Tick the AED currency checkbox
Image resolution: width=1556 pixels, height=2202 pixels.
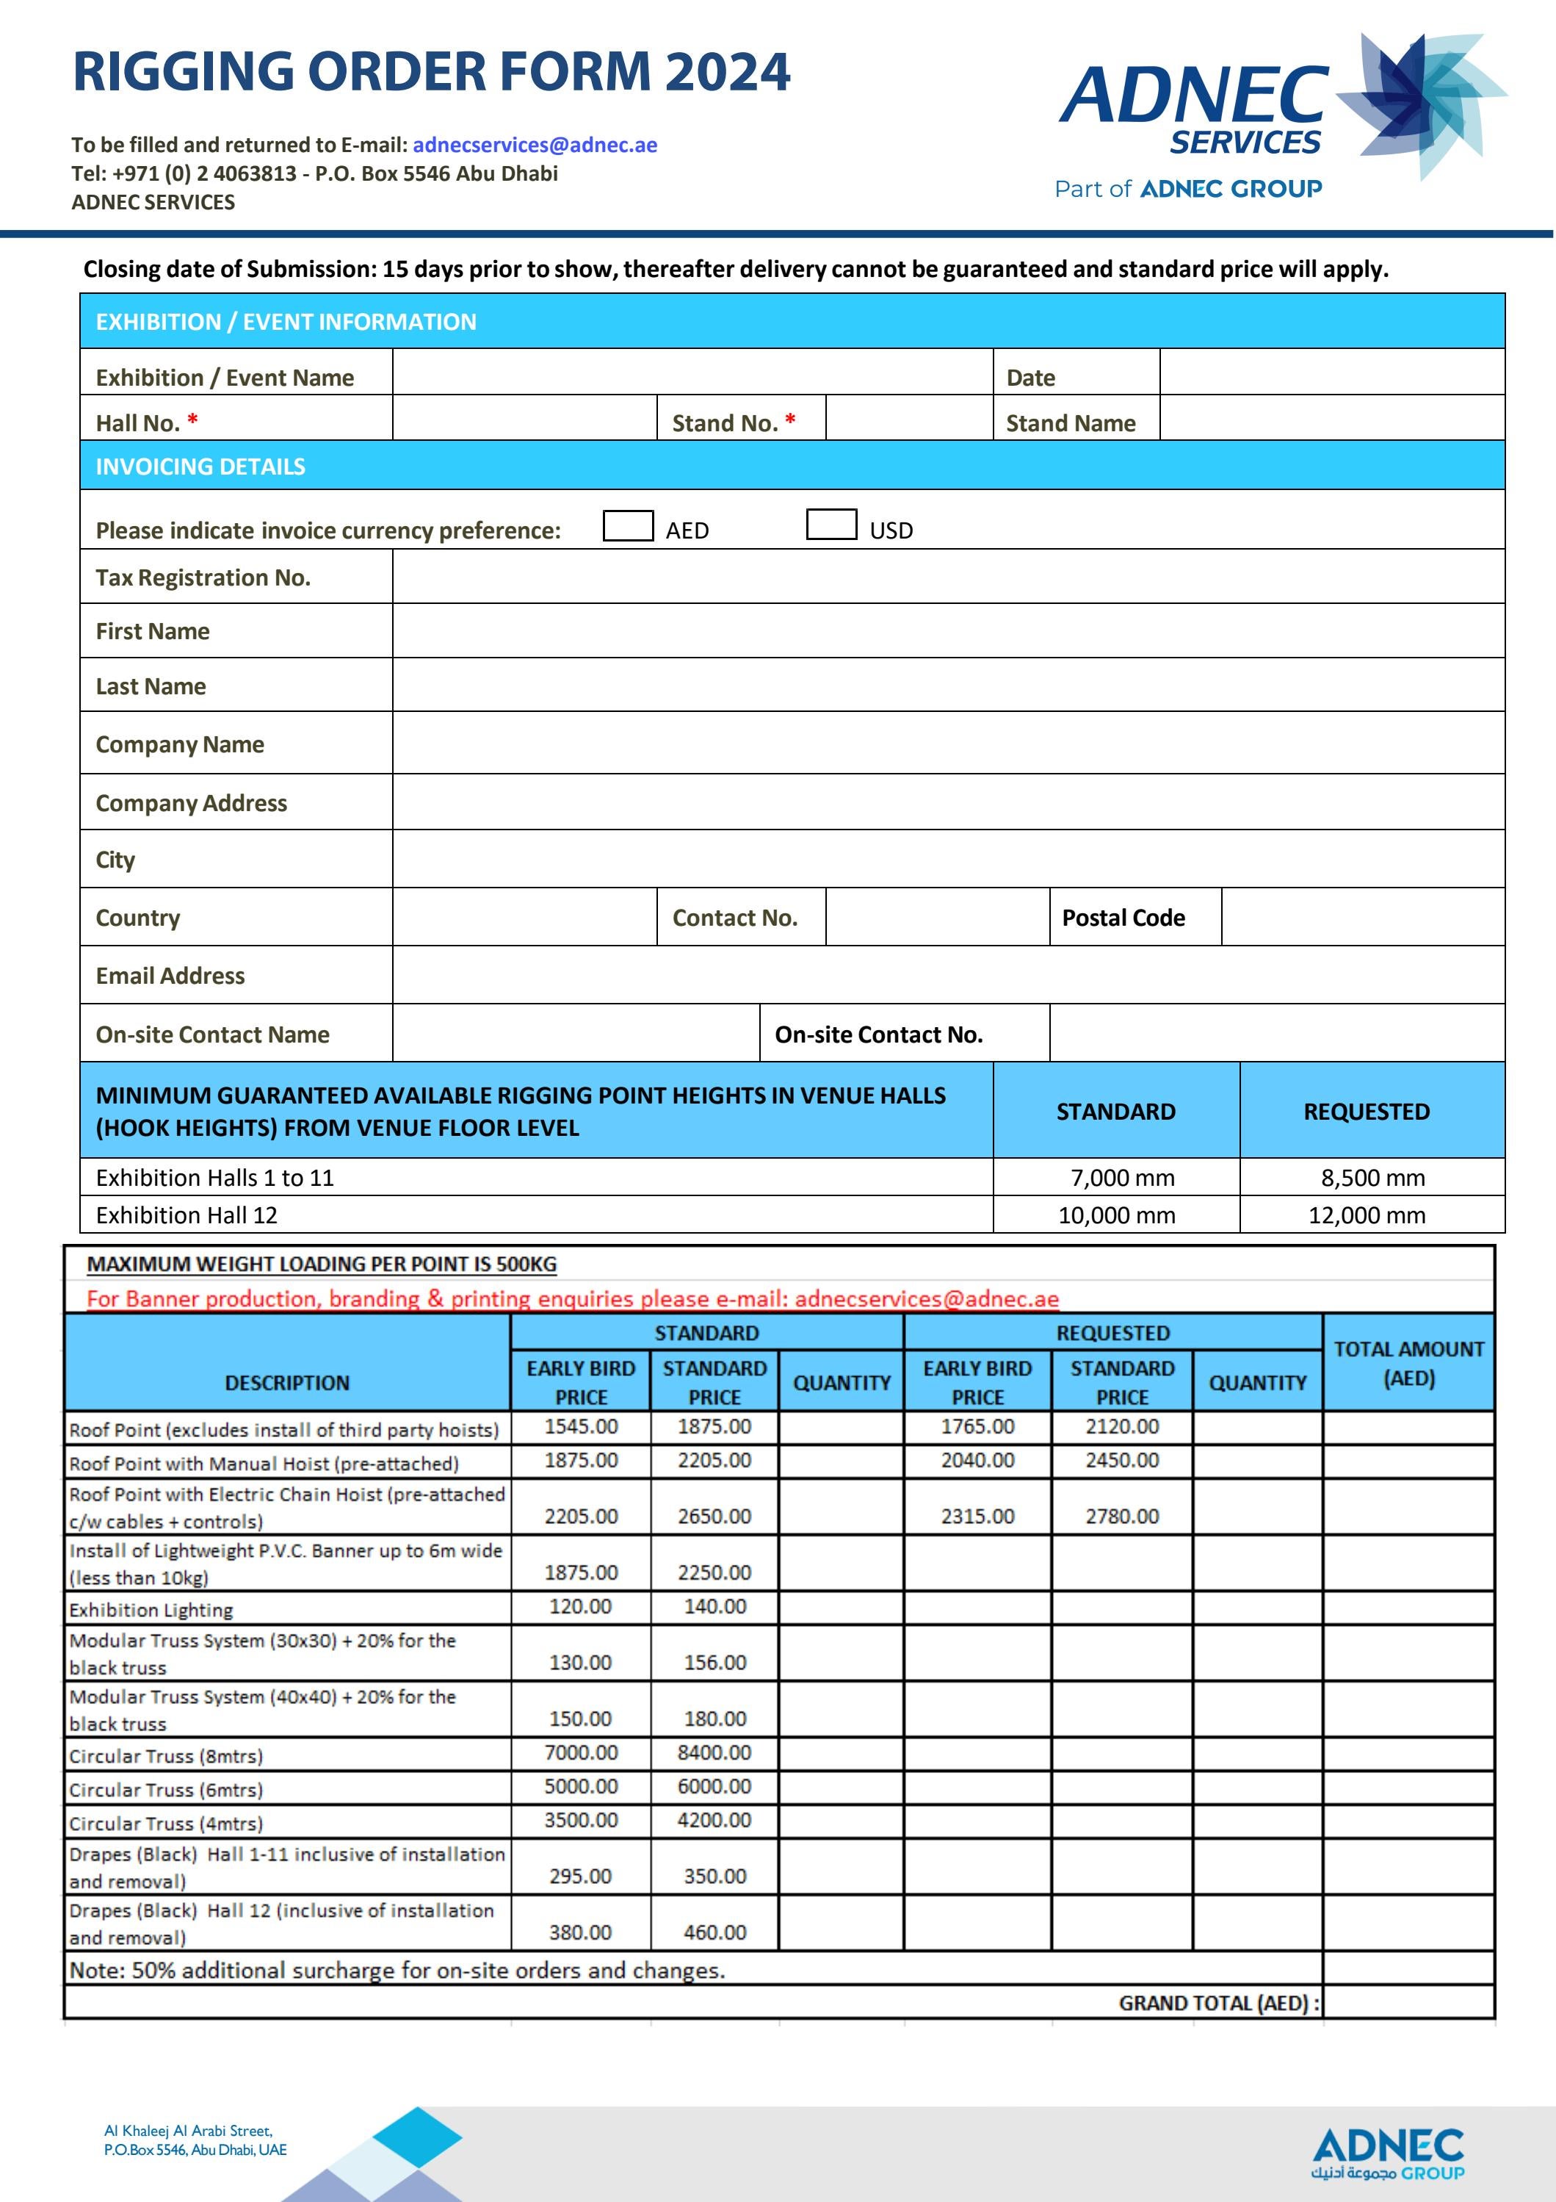point(628,525)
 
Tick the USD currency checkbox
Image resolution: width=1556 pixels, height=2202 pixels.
point(831,525)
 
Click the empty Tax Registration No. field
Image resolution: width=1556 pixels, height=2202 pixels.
point(947,576)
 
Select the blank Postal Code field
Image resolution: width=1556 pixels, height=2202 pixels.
point(1361,917)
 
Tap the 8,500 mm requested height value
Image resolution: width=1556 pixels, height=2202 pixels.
point(1372,1177)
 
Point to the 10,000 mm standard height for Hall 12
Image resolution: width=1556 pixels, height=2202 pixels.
point(1116,1215)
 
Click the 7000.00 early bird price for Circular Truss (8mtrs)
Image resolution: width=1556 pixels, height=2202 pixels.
point(580,1752)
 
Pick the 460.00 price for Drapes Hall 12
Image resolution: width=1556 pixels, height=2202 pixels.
point(714,1932)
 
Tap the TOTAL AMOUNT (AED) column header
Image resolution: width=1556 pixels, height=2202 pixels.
point(1408,1363)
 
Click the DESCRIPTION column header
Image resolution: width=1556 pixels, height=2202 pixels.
point(286,1382)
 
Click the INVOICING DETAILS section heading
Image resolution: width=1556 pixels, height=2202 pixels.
point(200,466)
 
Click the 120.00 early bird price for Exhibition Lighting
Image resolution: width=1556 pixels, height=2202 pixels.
point(580,1605)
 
